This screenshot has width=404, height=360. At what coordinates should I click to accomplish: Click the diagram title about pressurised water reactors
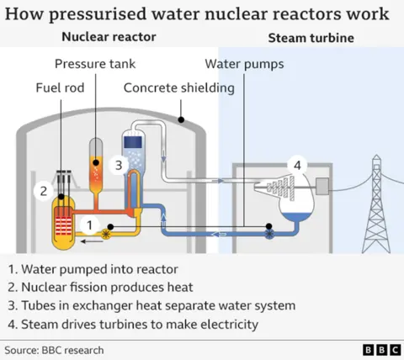[x=197, y=14]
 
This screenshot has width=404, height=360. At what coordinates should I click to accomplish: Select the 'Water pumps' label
[x=245, y=65]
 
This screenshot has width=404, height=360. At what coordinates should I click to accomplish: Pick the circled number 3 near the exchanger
[x=120, y=165]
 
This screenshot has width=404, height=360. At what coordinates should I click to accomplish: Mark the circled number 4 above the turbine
[x=295, y=163]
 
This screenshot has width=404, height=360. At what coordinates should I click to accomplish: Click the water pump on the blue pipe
[x=268, y=228]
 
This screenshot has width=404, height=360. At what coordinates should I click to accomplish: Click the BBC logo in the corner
[x=380, y=348]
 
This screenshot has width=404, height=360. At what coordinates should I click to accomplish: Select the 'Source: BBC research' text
[x=54, y=348]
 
